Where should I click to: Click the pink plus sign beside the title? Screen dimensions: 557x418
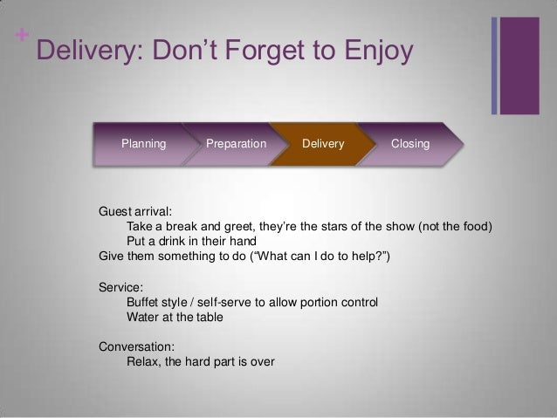point(22,35)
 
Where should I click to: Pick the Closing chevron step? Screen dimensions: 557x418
point(410,144)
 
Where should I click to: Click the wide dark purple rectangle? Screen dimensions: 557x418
point(519,65)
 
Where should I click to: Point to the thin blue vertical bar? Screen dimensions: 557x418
point(494,65)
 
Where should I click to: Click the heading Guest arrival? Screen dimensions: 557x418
point(135,212)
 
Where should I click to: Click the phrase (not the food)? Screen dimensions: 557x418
point(455,226)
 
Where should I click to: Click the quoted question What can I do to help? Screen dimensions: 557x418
point(320,256)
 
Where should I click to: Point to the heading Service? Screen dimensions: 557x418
point(120,287)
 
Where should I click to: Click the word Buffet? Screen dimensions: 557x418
point(142,302)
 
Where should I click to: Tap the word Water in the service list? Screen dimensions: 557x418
point(142,317)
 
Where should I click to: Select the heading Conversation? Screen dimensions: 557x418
point(137,346)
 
